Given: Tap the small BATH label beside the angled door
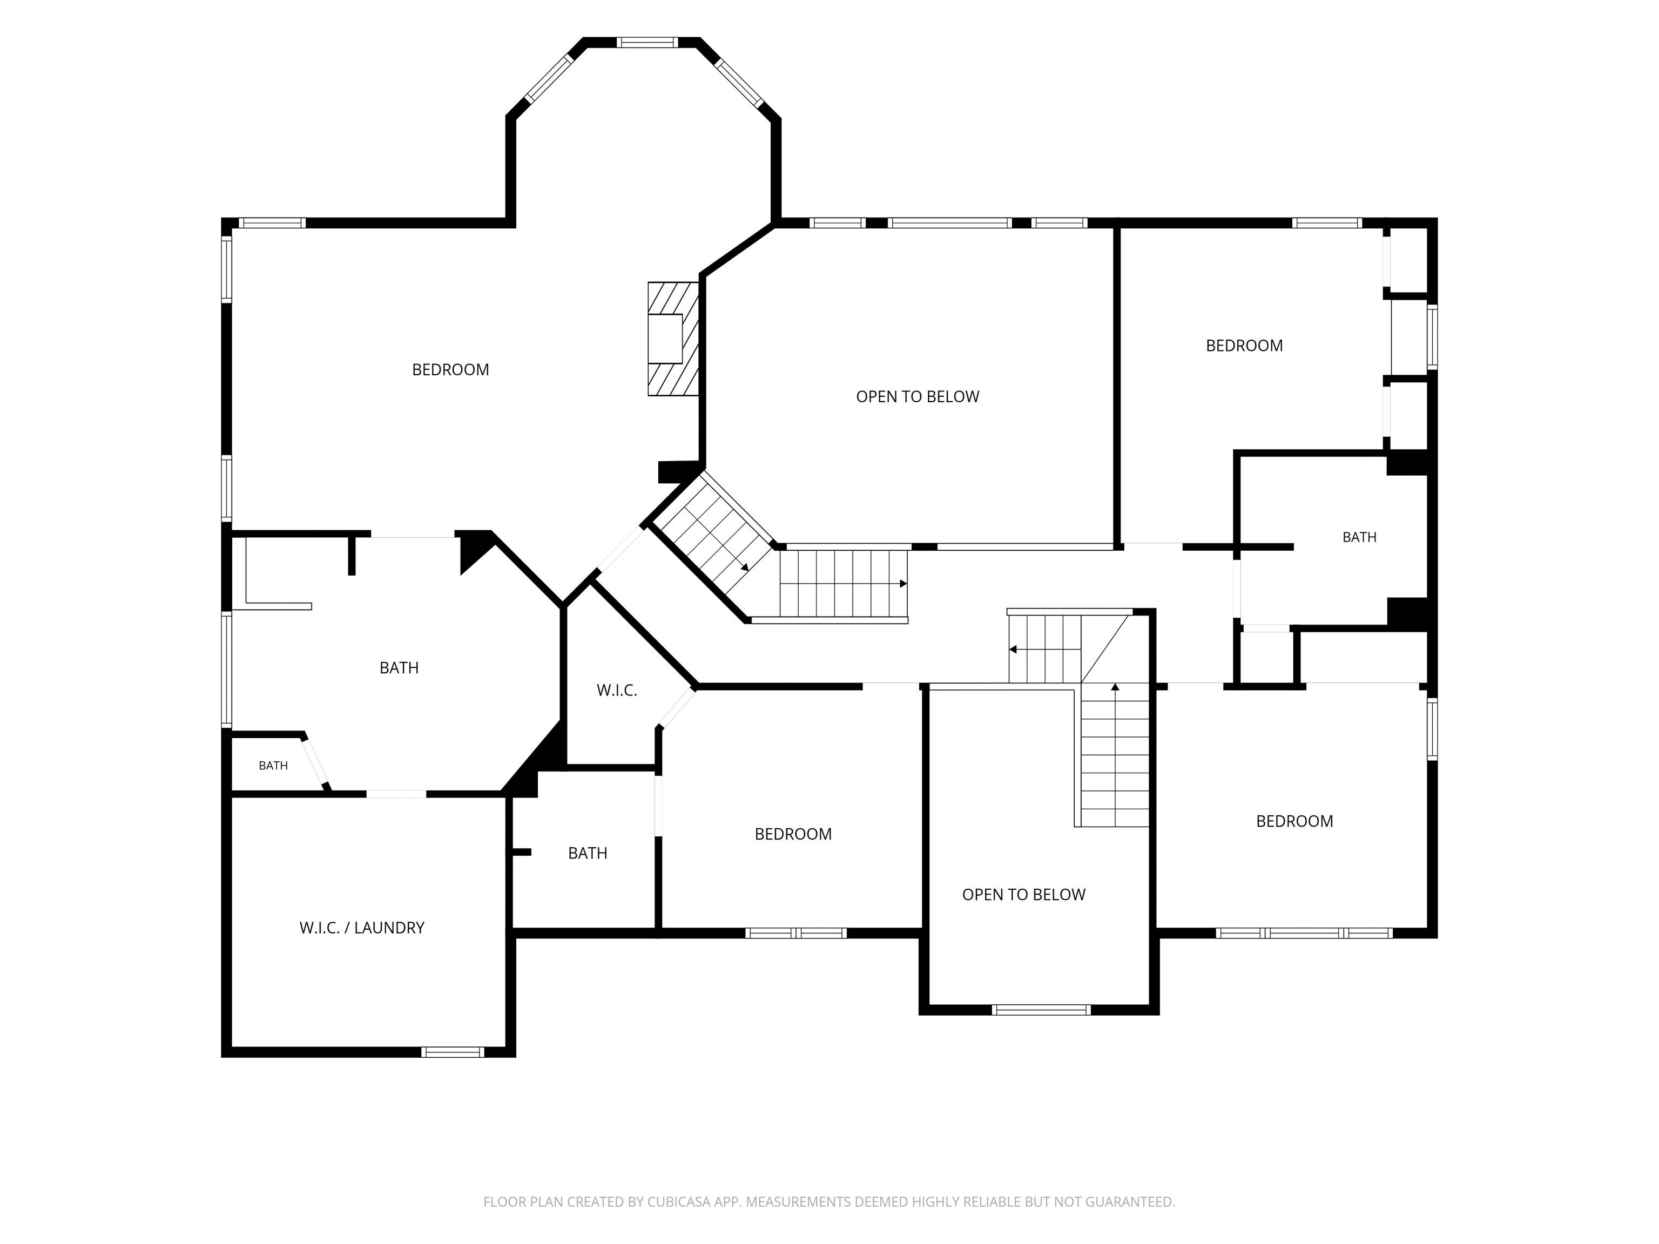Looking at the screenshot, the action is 273,766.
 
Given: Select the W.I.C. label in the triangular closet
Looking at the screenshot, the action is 617,691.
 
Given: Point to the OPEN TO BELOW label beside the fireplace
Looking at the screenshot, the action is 917,397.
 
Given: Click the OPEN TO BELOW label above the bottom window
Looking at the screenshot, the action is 1024,895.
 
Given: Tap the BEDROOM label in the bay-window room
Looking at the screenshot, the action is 450,370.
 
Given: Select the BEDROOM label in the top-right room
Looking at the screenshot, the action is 1244,346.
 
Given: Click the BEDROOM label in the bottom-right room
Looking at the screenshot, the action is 1294,821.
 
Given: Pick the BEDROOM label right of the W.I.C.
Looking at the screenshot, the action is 793,834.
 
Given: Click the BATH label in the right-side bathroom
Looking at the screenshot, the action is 1359,537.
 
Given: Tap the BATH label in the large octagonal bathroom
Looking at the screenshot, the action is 399,667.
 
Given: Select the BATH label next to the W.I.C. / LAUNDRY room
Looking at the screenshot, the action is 587,853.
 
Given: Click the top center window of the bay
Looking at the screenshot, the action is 648,43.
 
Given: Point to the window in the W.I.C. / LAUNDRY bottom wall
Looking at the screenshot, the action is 452,1052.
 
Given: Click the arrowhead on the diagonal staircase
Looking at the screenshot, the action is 745,567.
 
